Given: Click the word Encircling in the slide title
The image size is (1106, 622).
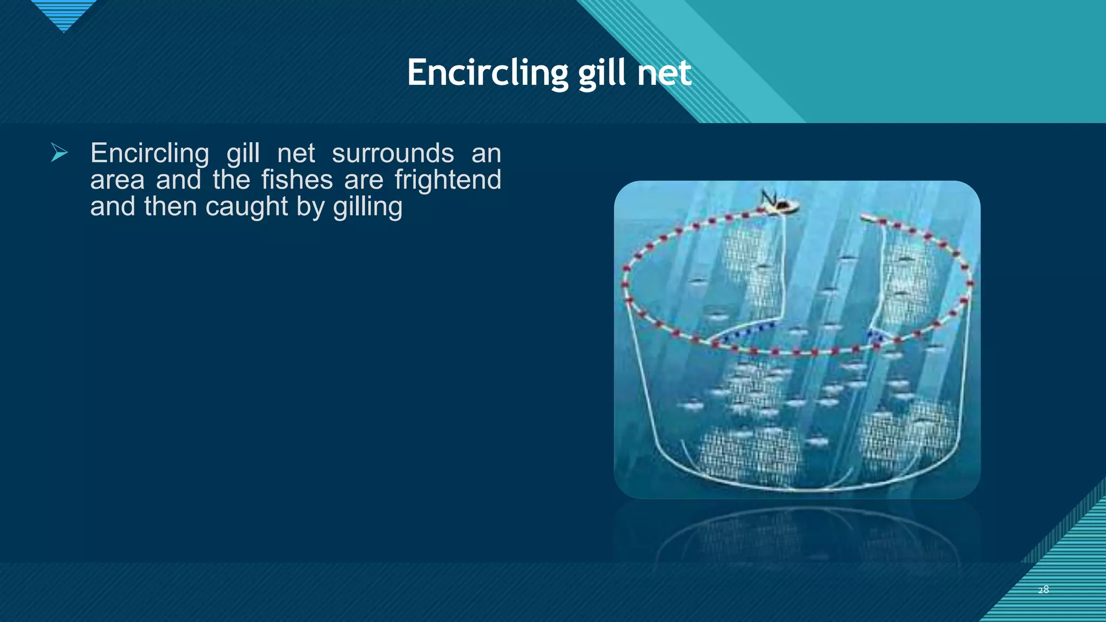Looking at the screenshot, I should (x=487, y=73).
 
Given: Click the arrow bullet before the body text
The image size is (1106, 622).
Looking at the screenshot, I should (x=59, y=153).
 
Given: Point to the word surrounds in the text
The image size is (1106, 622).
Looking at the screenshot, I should (x=393, y=153).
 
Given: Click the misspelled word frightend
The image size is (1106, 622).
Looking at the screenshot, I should (x=448, y=180).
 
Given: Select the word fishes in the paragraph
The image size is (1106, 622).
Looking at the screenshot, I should (x=297, y=180).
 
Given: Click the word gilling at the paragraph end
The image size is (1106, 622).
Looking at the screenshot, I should (x=368, y=207).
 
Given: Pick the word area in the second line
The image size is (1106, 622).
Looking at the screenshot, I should (x=117, y=180).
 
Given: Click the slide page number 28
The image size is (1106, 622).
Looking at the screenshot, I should (x=1043, y=590).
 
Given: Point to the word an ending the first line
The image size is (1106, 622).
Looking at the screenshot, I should (x=486, y=153).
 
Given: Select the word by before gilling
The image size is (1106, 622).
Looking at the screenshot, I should (x=310, y=207).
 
